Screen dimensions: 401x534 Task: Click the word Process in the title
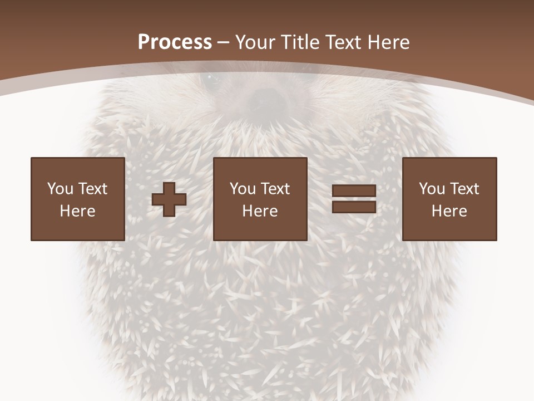(175, 42)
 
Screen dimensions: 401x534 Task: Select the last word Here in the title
(389, 42)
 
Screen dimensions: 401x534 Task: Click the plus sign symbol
(169, 199)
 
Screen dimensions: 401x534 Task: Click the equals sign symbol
(354, 199)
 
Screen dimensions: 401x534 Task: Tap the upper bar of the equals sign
(354, 191)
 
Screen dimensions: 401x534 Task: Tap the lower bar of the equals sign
(354, 207)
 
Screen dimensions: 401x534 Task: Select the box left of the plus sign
(78, 199)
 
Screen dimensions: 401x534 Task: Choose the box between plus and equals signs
(260, 199)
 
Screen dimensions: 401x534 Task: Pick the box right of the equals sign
(449, 199)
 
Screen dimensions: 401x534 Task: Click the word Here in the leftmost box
(78, 211)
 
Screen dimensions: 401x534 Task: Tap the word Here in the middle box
(260, 211)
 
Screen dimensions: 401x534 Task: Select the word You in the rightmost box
(432, 189)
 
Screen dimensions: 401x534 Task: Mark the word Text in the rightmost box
(464, 189)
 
